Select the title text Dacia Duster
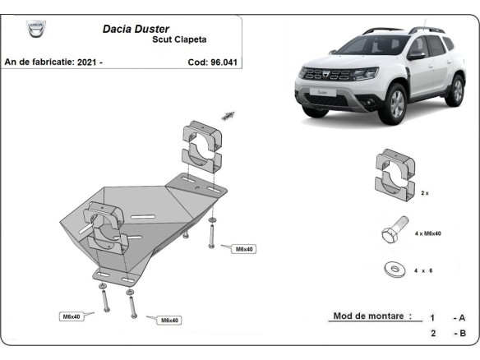pos(136,28)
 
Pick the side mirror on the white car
pos(417,55)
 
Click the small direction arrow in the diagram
pos(228,116)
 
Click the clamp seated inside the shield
pos(104,229)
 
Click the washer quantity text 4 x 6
pos(424,270)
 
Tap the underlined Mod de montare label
pos(372,316)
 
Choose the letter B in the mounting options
pos(462,333)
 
